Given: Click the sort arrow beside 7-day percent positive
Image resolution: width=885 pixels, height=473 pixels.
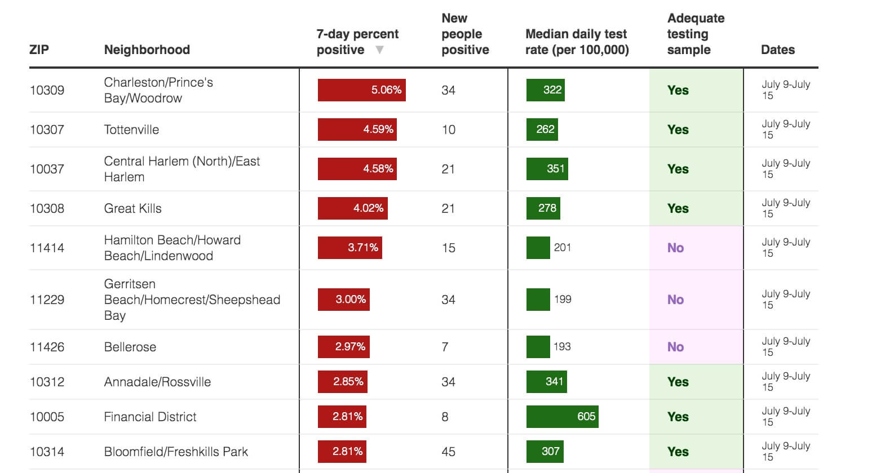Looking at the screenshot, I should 380,50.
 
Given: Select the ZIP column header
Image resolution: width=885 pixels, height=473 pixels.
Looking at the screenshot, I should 39,50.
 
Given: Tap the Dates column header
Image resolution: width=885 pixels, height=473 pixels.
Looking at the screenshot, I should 777,50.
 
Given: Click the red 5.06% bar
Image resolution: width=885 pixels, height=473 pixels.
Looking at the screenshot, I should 361,90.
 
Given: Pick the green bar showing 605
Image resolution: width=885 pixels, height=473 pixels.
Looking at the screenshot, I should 562,417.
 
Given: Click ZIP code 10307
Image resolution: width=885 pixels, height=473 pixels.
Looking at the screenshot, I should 47,130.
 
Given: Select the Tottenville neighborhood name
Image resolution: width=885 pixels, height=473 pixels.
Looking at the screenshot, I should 131,130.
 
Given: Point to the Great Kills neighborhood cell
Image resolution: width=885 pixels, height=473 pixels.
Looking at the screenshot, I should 132,208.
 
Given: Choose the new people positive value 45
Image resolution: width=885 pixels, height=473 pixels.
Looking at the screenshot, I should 449,452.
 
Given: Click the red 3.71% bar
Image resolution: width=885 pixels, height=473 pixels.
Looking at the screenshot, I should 349,248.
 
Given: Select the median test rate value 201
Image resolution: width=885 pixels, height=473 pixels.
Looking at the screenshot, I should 562,248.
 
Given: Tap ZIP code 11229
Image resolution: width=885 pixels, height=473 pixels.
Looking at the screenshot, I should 47,300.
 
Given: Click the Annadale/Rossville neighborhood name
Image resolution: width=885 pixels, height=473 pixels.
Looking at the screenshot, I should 157,382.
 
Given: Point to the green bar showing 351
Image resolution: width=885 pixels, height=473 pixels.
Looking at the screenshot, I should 547,169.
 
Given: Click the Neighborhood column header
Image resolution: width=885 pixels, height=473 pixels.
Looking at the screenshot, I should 147,50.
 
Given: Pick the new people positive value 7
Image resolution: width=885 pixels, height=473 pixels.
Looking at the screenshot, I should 445,347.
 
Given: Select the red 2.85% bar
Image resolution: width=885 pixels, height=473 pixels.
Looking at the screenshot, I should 343,382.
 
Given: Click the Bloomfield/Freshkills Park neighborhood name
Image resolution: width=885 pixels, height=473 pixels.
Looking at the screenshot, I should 176,452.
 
